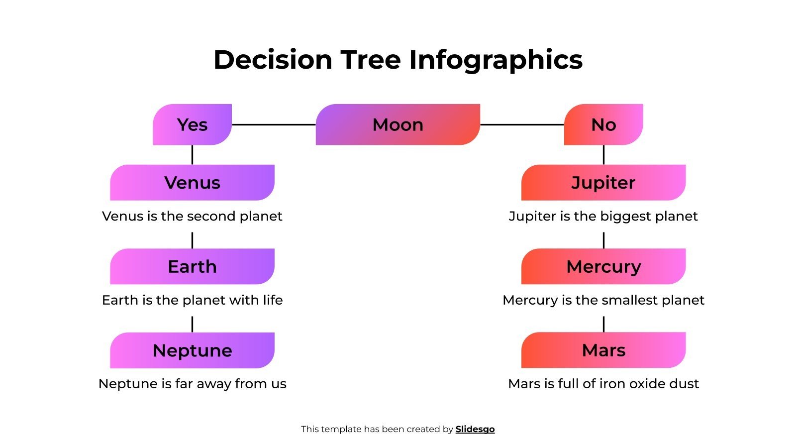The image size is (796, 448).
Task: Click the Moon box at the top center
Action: [x=398, y=124]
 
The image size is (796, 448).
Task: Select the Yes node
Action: [x=192, y=124]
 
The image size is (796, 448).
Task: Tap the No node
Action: [x=603, y=124]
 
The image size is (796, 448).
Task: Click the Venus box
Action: [x=192, y=183]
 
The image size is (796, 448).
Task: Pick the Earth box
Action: [x=192, y=266]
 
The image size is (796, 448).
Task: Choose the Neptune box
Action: [x=192, y=350]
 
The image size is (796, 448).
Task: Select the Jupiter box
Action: [x=603, y=183]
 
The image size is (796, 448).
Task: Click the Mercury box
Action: [x=603, y=266]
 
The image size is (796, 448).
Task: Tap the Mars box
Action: [x=603, y=350]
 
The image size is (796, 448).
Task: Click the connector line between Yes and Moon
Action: [x=274, y=124]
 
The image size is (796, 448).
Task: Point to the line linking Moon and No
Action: [x=521, y=124]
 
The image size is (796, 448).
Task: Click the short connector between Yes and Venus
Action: [x=192, y=154]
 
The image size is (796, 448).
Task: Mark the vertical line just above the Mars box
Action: [x=603, y=324]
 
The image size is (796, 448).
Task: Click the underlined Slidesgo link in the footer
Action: [x=475, y=429]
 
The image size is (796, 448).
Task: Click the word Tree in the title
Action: [x=370, y=60]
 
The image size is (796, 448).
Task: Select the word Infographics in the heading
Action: [x=496, y=61]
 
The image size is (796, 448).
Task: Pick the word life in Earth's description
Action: [x=273, y=300]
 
